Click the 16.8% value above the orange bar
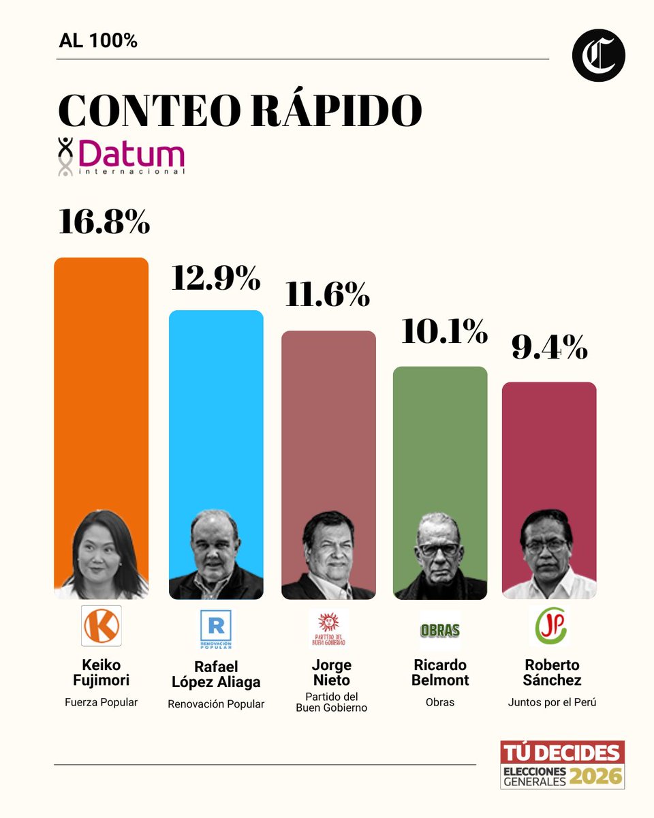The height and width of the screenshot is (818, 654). pyautogui.click(x=104, y=222)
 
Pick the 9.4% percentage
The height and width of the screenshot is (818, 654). pyautogui.click(x=549, y=348)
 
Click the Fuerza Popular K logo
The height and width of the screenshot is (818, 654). pyautogui.click(x=101, y=625)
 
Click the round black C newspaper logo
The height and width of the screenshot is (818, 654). pyautogui.click(x=598, y=56)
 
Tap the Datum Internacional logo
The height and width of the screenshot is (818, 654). pyautogui.click(x=121, y=157)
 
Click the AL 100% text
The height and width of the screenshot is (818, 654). pyautogui.click(x=99, y=41)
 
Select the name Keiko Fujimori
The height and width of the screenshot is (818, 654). pyautogui.click(x=101, y=672)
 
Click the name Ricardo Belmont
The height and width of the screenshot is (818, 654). pyautogui.click(x=440, y=672)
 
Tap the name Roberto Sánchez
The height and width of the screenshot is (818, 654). pyautogui.click(x=552, y=672)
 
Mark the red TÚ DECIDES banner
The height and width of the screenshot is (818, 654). pyautogui.click(x=562, y=753)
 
